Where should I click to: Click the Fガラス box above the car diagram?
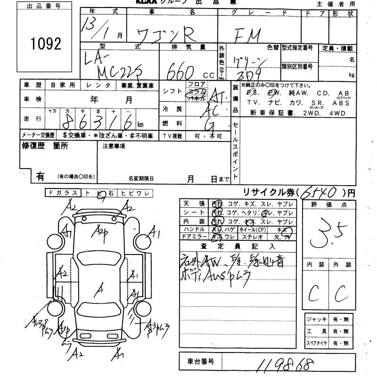61,192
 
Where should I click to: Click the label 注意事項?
114,146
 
